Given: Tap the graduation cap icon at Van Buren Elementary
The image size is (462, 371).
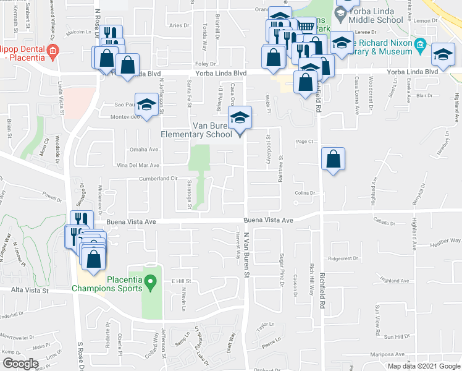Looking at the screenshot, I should pyautogui.click(x=240, y=116).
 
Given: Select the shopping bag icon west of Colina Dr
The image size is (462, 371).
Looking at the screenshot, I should pyautogui.click(x=333, y=160).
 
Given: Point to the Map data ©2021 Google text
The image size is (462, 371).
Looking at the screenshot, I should pyautogui.click(x=423, y=366).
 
